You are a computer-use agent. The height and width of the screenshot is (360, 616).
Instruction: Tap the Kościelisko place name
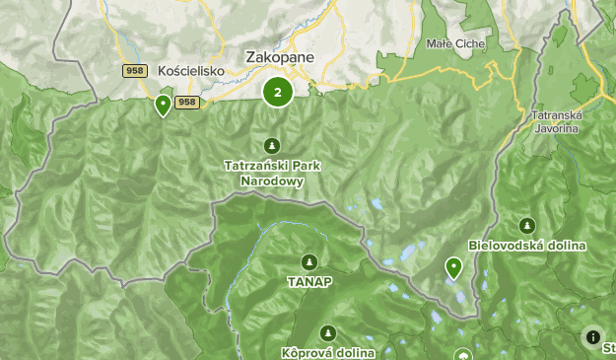pyautogui.click(x=191, y=71)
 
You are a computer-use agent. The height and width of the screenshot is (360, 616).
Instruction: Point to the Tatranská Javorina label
pyautogui.click(x=557, y=121)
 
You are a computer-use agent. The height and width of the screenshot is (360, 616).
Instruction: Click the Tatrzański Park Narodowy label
pyautogui.click(x=271, y=173)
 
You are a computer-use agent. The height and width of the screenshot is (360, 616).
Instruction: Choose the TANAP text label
pyautogui.click(x=310, y=281)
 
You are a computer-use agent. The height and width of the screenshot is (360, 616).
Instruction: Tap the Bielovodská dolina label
pyautogui.click(x=527, y=245)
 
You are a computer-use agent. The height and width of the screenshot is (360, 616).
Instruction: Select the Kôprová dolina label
pyautogui.click(x=328, y=352)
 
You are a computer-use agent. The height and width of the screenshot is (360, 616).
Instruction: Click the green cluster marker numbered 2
pyautogui.click(x=278, y=92)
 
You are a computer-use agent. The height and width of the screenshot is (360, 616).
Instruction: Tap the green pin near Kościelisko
pyautogui.click(x=163, y=106)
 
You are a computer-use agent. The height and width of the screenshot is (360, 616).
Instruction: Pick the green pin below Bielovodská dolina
pyautogui.click(x=453, y=267)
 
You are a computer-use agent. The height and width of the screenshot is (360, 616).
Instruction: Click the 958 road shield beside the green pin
pyautogui.click(x=187, y=103)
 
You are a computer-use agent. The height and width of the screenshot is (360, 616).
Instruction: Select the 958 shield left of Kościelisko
pyautogui.click(x=135, y=71)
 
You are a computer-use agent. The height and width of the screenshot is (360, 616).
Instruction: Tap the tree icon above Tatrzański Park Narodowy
pyautogui.click(x=271, y=146)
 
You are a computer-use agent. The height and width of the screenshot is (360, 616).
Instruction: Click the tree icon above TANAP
pyautogui.click(x=310, y=261)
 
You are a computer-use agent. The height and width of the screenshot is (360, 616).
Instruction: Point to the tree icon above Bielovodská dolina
pyautogui.click(x=527, y=225)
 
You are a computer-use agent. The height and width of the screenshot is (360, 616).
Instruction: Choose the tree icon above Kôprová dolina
pyautogui.click(x=328, y=333)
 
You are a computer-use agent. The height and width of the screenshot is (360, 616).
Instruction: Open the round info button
pyautogui.click(x=592, y=337)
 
